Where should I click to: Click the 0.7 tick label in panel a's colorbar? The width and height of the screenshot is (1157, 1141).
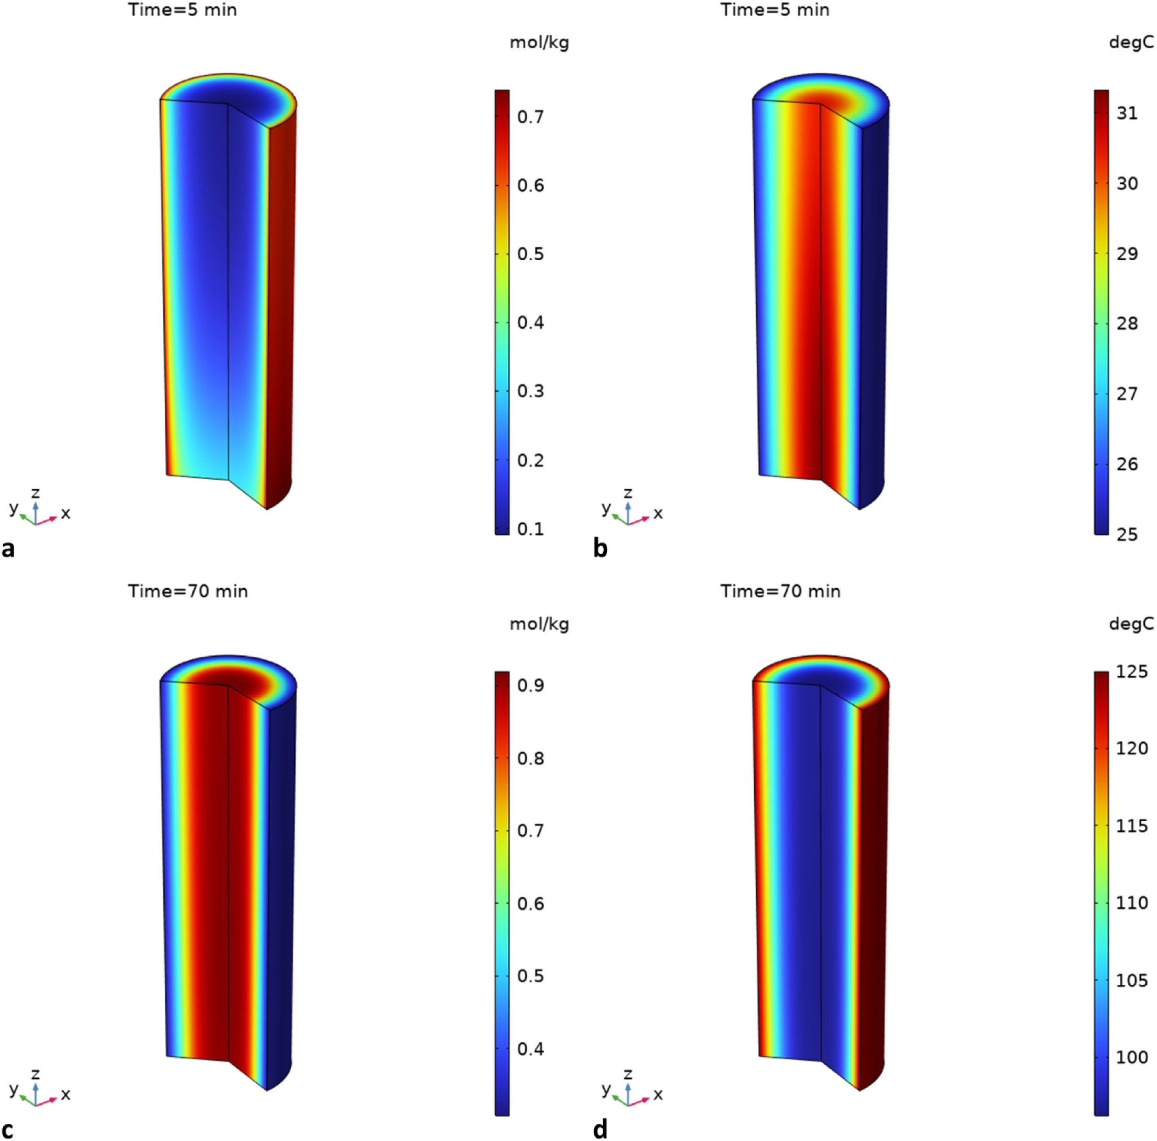(x=531, y=117)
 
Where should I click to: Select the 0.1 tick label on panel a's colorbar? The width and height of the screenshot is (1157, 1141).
(x=531, y=529)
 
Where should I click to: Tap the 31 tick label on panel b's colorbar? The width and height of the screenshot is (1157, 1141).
(x=1127, y=113)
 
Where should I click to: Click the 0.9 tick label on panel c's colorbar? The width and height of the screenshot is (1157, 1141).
(x=531, y=685)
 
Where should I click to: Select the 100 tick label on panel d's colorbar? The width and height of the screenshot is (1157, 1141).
(x=1131, y=1057)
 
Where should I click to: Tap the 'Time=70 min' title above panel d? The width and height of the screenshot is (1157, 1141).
(x=780, y=591)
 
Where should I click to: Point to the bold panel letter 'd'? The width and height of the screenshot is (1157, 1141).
(x=600, y=1129)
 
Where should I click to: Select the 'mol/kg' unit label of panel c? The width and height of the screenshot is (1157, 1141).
(x=539, y=624)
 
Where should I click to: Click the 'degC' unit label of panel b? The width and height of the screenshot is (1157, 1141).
(x=1131, y=42)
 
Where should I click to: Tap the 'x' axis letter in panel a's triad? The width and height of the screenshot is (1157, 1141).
(x=66, y=513)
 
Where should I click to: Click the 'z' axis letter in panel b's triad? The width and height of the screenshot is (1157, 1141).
(x=627, y=493)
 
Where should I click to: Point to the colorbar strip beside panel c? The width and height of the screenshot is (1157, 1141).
(x=502, y=892)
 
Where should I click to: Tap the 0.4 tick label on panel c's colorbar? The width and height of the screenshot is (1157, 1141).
(x=531, y=1049)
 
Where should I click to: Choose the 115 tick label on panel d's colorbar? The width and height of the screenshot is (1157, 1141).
(x=1131, y=826)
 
